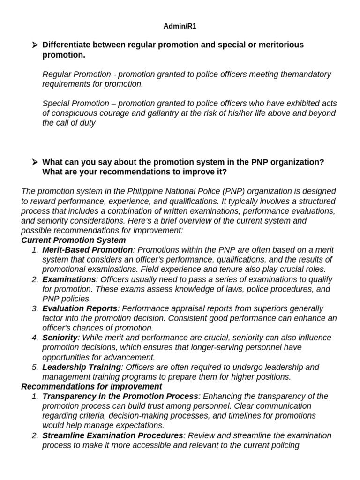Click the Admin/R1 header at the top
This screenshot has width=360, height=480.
180,26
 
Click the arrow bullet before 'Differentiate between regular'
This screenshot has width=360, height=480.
34,45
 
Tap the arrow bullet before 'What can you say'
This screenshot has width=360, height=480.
34,162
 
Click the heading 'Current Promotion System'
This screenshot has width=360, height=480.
73,240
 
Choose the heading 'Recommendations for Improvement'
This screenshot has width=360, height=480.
91,386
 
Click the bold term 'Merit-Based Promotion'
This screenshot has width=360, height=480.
88,250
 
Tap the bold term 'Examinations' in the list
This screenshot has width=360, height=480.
69,279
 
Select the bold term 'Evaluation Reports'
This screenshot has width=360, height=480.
80,308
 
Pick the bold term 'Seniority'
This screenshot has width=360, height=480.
60,337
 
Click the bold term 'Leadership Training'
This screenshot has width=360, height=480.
82,367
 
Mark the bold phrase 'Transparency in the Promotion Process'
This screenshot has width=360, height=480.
120,396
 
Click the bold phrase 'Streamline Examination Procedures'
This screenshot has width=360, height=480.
112,435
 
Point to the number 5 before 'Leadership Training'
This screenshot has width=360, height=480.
35,367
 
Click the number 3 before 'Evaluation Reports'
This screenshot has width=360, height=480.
35,308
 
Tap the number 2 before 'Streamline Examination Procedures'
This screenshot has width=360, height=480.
35,435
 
